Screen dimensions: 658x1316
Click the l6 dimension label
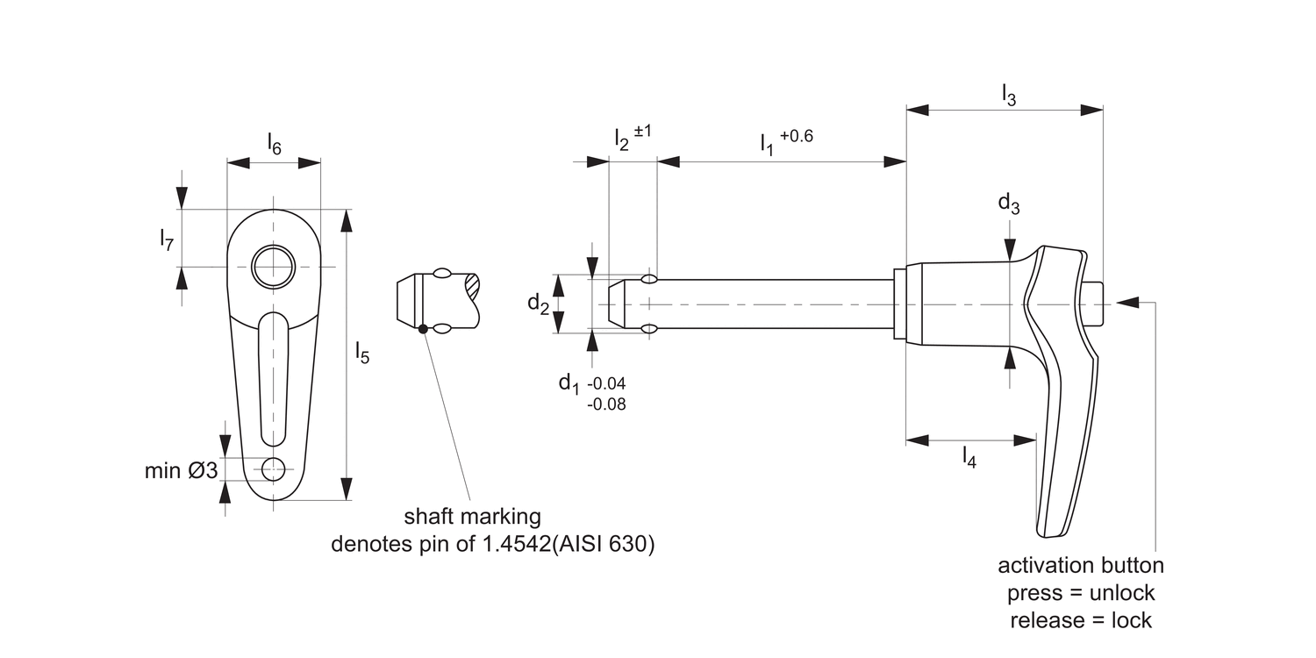click(x=274, y=145)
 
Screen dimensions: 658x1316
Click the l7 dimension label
click(x=167, y=239)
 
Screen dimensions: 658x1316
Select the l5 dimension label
click(x=362, y=353)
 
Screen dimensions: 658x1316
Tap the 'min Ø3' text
click(x=181, y=471)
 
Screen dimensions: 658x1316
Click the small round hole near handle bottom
click(x=274, y=468)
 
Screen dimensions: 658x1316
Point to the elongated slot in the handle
click(x=274, y=377)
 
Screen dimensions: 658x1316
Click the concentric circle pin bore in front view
click(x=274, y=266)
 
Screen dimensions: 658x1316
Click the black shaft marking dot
click(x=423, y=329)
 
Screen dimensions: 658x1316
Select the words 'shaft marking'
click(x=472, y=515)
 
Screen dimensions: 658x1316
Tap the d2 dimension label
click(x=539, y=304)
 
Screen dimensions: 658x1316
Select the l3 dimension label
click(x=1009, y=94)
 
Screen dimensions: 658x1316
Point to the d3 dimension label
click(x=1009, y=204)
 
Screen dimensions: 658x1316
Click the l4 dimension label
click(x=969, y=456)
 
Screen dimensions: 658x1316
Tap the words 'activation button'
click(x=1080, y=565)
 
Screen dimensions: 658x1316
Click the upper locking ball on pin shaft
click(x=649, y=279)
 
